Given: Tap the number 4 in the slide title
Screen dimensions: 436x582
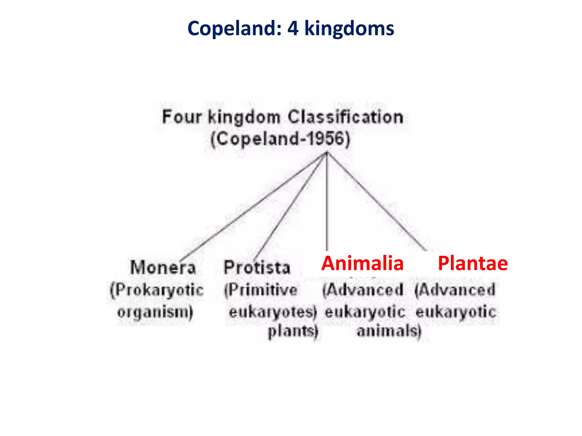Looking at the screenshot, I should pos(293,29).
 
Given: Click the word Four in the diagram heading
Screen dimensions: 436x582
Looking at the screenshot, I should pos(182,117).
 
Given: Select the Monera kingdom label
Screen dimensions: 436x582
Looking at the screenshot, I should pos(163,267).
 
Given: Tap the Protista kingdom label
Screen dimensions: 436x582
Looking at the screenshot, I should pos(257,267).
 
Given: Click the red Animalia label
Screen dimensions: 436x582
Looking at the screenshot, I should pos(362,263).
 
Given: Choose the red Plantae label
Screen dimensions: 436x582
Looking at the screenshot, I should pos(473,263).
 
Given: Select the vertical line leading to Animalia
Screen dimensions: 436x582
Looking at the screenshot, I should pos(327,202).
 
